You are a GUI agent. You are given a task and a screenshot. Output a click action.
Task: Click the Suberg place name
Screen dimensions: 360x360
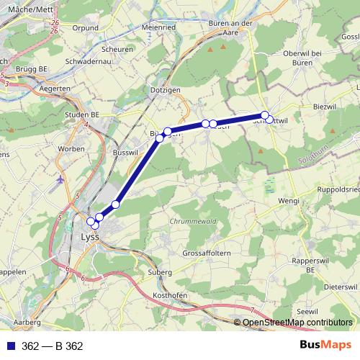point(161,273)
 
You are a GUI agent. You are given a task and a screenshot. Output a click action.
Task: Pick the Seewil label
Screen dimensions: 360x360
point(307,310)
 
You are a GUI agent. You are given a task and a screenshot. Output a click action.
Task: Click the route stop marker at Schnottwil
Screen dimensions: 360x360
point(265,115)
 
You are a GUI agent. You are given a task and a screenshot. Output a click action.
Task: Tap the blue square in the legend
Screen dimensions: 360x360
point(11,346)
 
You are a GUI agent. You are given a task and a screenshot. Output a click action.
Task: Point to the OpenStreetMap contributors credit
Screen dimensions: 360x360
point(297,323)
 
